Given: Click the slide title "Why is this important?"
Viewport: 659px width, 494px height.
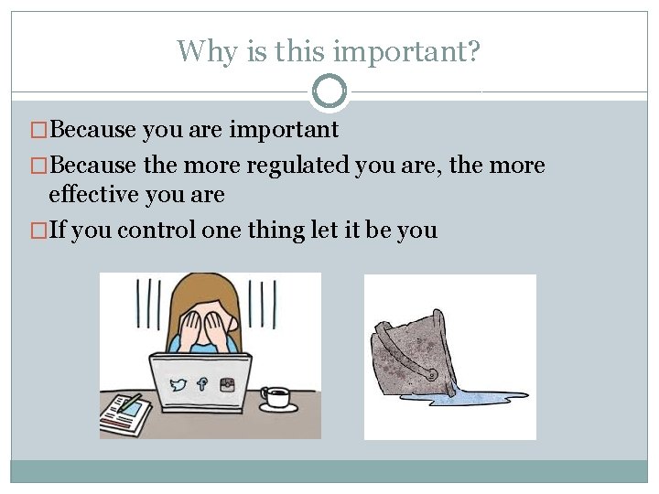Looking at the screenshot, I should tap(329, 50).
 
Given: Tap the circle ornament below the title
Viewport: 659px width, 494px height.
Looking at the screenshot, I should tap(329, 91).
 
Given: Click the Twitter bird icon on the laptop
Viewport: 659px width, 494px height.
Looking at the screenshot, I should tap(178, 385).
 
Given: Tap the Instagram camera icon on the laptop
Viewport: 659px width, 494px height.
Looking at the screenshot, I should tap(226, 385).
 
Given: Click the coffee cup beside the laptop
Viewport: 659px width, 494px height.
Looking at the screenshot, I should tap(275, 396).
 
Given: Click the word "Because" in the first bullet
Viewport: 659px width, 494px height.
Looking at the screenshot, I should tap(93, 130).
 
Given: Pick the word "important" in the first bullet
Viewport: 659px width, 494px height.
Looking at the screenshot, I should tap(284, 130).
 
